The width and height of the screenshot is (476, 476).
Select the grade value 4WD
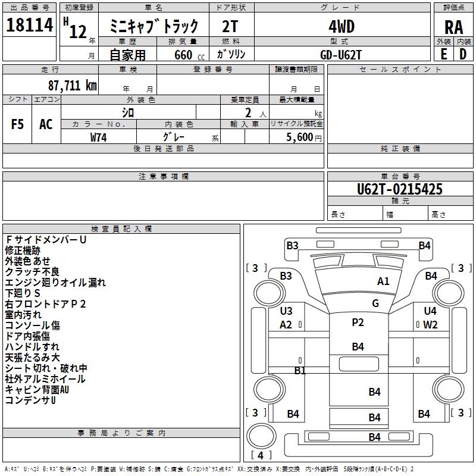pyautogui.click(x=342, y=26)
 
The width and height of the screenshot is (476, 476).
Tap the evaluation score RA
pyautogui.click(x=453, y=27)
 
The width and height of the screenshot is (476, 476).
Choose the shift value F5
pyautogui.click(x=17, y=124)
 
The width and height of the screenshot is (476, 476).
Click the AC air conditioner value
pyautogui.click(x=46, y=124)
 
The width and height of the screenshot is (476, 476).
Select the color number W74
pyautogui.click(x=99, y=137)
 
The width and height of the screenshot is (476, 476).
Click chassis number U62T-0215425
pyautogui.click(x=400, y=189)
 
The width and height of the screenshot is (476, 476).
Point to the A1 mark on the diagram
pyautogui.click(x=383, y=281)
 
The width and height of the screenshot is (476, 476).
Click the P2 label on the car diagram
pyautogui.click(x=358, y=322)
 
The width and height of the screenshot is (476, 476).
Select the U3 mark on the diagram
pyautogui.click(x=286, y=311)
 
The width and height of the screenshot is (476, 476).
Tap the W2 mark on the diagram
pyautogui.click(x=430, y=325)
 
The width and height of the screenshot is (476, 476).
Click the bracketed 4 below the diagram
pyautogui.click(x=261, y=455)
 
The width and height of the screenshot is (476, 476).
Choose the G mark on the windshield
pyautogui.click(x=375, y=303)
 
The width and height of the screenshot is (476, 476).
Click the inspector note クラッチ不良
pyautogui.click(x=32, y=272)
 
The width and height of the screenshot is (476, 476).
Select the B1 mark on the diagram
pyautogui.click(x=300, y=370)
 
